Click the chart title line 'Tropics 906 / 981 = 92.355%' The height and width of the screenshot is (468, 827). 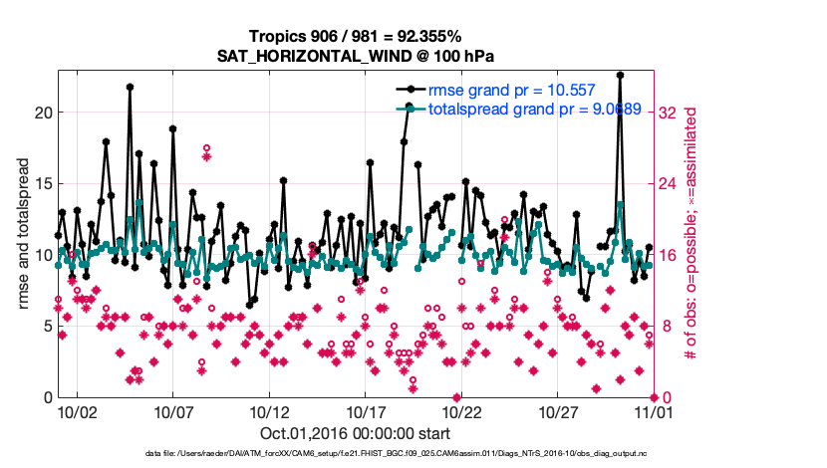pos(356,37)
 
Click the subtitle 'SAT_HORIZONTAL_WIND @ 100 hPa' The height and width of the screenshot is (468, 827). pos(356,56)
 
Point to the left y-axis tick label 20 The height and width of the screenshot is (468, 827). pos(42,113)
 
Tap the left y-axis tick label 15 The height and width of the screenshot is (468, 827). pos(42,184)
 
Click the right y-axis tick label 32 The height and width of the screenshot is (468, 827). pos(669,114)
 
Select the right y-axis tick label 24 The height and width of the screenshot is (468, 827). pos(669,184)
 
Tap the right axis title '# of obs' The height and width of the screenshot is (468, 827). pos(689,234)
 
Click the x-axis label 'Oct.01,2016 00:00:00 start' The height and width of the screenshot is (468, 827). pos(355,433)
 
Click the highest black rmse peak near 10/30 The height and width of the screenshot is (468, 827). pos(620,75)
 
